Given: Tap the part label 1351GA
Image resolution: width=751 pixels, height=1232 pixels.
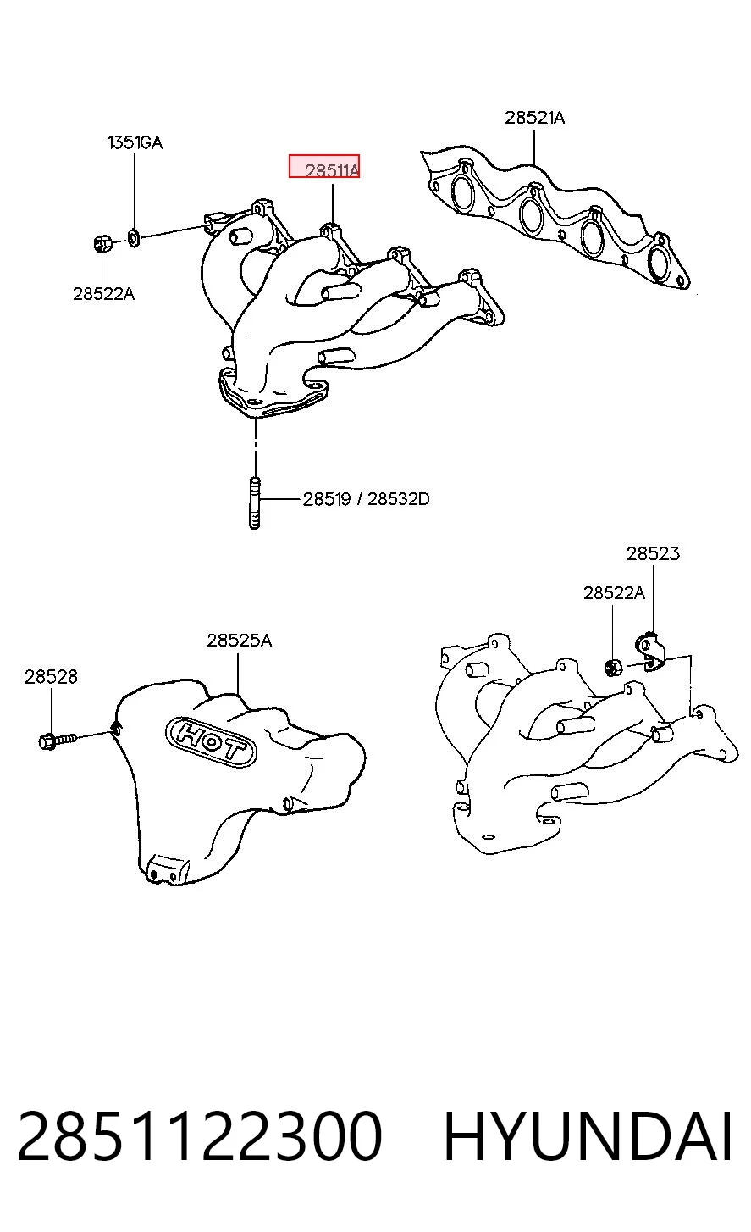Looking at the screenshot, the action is coord(135,142).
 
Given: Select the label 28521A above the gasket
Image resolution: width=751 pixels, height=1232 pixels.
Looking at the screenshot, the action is coord(534,117).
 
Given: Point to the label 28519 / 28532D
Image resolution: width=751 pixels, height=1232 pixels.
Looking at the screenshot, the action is coord(366,499).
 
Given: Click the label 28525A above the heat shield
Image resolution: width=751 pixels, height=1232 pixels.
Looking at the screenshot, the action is coord(239,641).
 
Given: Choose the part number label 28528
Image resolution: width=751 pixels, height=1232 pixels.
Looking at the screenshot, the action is coord(51,676).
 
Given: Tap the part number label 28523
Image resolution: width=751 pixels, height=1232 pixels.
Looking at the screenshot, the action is coord(653,553).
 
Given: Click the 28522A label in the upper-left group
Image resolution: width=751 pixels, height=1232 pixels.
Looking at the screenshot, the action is coord(103,294).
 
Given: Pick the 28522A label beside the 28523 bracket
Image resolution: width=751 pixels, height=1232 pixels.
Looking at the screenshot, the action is coord(614,593).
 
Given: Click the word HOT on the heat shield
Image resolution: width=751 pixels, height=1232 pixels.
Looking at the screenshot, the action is coord(210,741).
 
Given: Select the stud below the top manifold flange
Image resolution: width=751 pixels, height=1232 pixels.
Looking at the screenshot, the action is coord(254,503).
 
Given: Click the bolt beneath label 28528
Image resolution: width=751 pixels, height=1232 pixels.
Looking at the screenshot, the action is coord(58,740).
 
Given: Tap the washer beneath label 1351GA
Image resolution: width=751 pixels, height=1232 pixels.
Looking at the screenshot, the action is coord(134,238).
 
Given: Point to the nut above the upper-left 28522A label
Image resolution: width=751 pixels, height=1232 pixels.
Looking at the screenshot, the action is coord(102,242).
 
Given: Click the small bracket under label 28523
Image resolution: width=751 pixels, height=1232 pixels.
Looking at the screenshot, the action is coord(650,652).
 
